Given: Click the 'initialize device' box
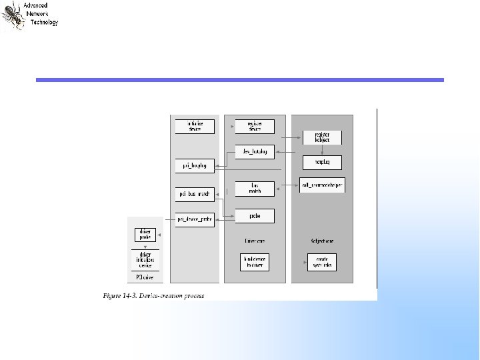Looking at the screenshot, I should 195,126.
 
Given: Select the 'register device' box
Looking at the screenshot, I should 255,126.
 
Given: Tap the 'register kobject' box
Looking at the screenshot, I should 322,137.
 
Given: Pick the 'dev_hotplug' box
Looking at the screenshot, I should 255,152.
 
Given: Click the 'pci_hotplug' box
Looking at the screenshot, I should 195,165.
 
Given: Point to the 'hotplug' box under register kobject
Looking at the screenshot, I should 322,162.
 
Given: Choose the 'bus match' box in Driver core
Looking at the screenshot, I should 255,189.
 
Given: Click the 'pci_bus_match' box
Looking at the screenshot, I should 195,195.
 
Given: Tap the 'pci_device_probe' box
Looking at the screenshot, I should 195,219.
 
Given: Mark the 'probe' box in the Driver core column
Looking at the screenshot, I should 255,216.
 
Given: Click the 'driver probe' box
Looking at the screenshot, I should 145,235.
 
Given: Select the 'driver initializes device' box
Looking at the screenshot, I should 145,259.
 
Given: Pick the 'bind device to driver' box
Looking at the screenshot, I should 255,262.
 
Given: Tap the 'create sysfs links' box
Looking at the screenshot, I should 322,262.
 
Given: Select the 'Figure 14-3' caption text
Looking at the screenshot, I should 153,295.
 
